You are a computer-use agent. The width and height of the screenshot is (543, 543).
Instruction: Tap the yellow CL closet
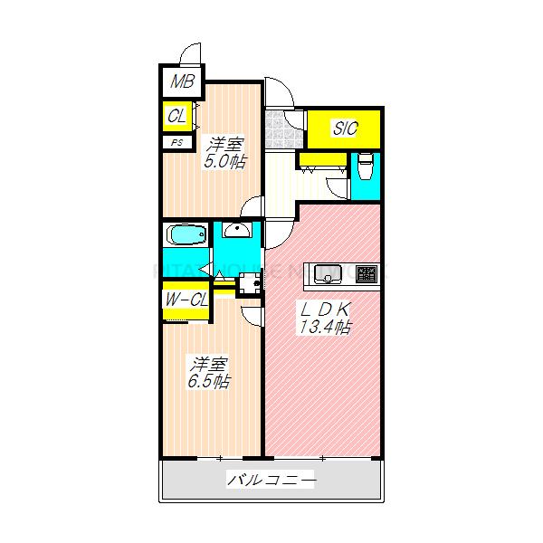[177, 116]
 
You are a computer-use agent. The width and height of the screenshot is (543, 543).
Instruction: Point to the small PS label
[176, 141]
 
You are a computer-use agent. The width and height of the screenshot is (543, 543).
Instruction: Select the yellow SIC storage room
[344, 129]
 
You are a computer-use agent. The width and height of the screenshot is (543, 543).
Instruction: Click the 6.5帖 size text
[209, 381]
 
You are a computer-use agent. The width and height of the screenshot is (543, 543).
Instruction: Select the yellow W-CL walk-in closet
[186, 300]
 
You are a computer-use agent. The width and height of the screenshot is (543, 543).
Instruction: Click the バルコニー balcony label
[271, 481]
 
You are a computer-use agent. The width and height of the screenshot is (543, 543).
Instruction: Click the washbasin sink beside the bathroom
[236, 230]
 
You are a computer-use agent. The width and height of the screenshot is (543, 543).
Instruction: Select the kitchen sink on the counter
[327, 272]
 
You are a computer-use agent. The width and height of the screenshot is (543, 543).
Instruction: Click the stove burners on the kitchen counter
[366, 272]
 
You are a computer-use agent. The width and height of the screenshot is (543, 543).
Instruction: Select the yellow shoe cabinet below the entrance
[321, 160]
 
